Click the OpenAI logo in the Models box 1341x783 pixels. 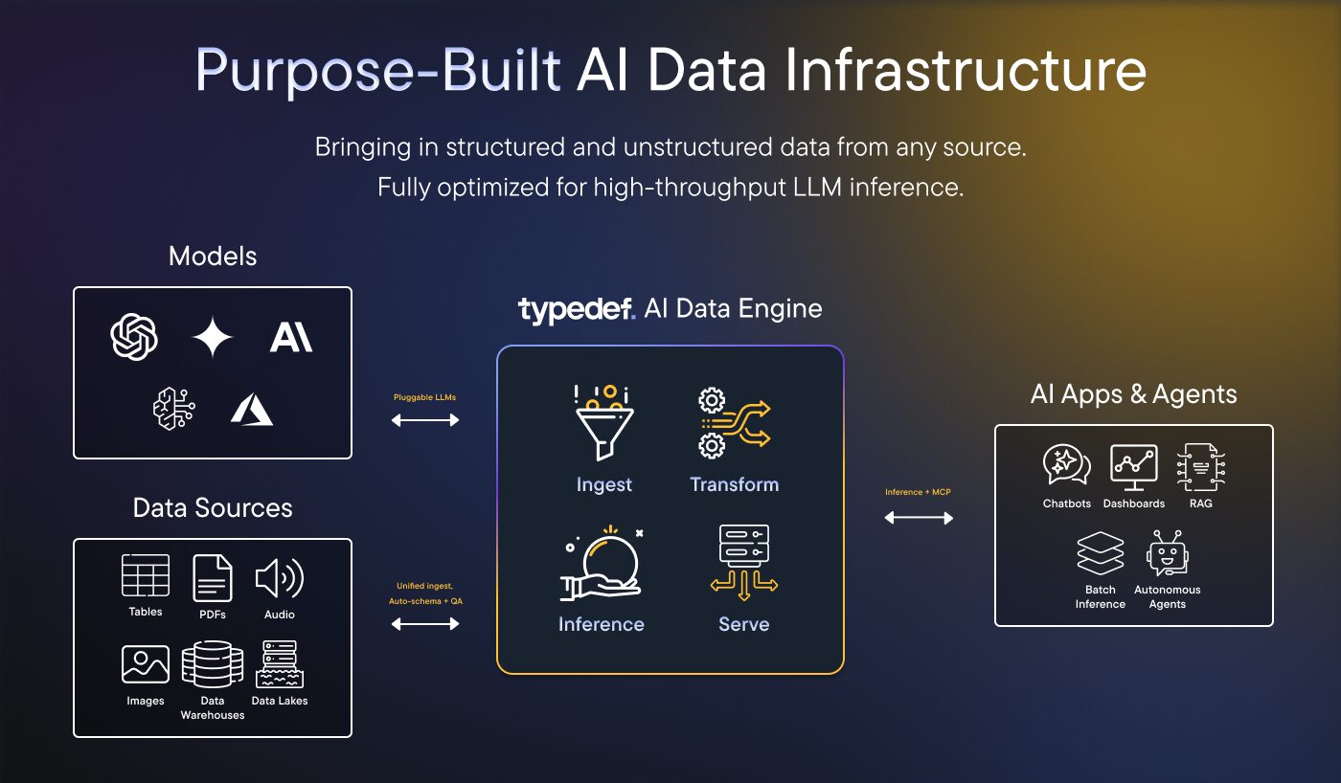[134, 337]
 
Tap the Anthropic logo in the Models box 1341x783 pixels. [290, 337]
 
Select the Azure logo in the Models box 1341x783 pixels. [252, 410]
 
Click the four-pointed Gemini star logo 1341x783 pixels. [213, 337]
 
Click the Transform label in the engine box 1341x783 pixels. [735, 484]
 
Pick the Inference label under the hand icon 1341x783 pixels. [602, 624]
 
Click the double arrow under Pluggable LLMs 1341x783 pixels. [425, 419]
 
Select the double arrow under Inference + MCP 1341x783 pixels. [919, 518]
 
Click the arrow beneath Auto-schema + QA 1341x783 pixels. [425, 624]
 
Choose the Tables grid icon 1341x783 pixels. [146, 575]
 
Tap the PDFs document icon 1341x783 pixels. [213, 577]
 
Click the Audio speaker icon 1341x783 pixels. [279, 577]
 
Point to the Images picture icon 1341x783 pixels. [146, 664]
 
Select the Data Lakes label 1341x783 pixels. [280, 701]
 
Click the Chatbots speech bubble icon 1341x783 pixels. [1066, 465]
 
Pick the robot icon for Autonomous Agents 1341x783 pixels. [1168, 554]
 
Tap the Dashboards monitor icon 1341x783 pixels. [1134, 465]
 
